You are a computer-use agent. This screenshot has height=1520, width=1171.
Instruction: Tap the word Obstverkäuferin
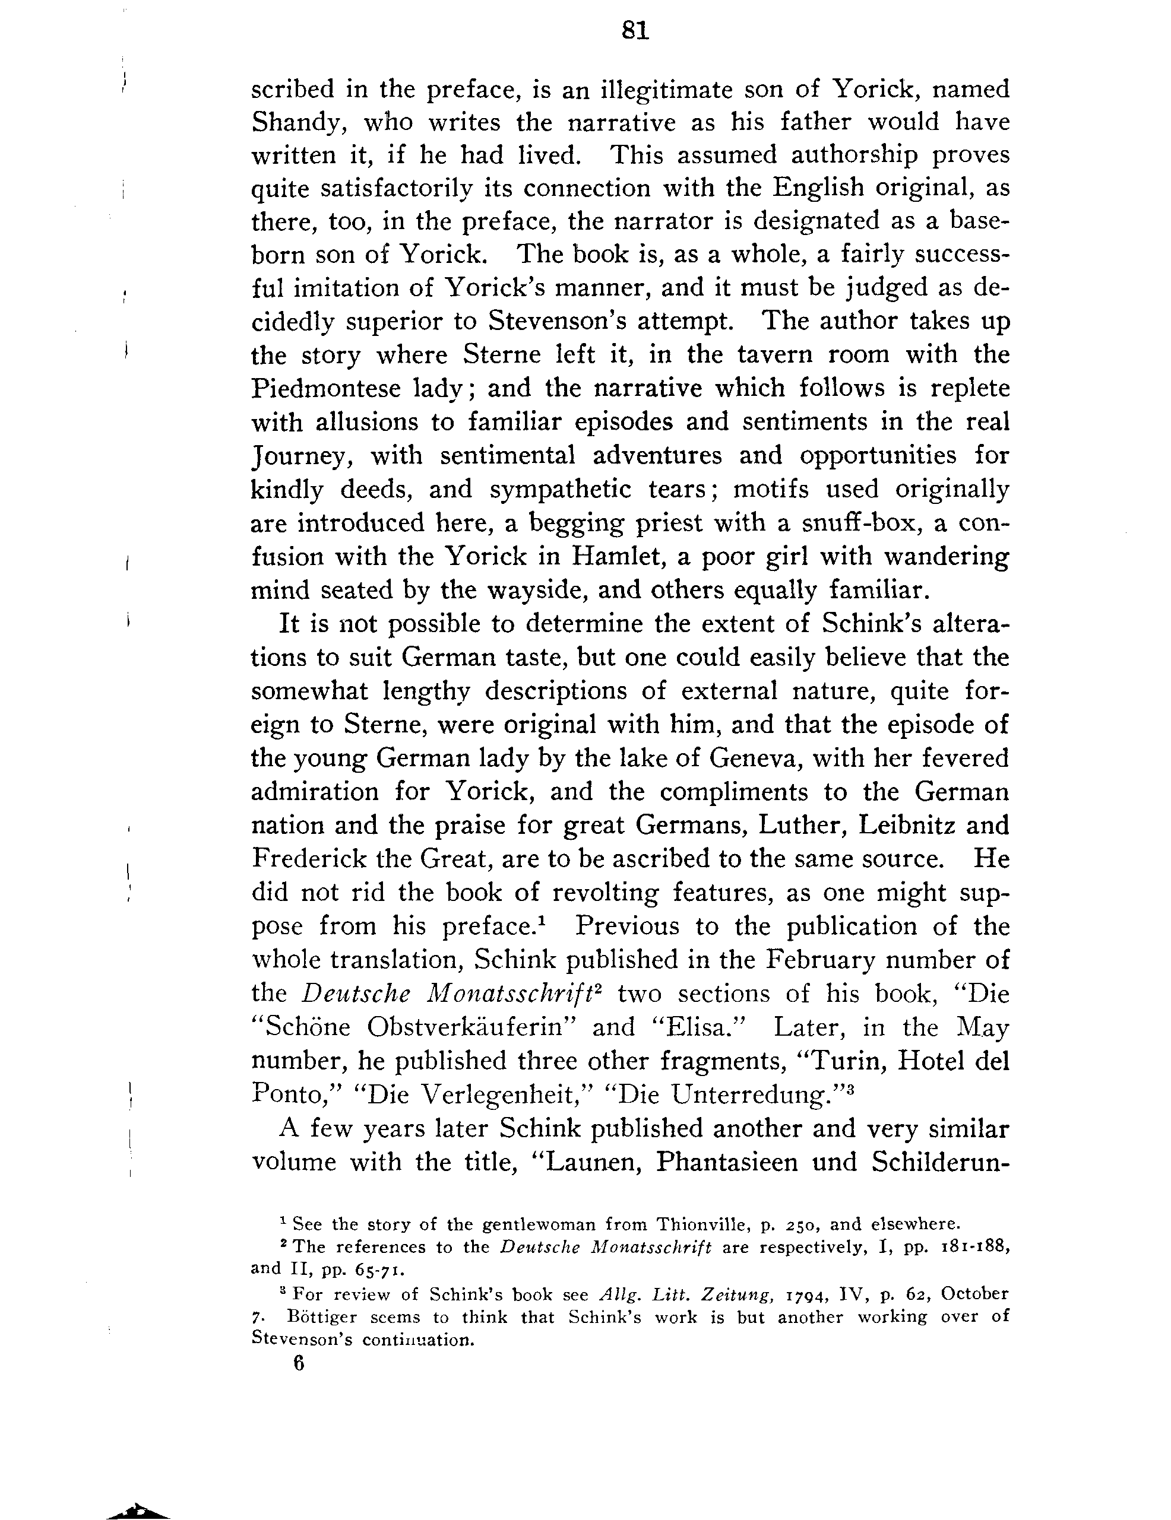[x=471, y=1027]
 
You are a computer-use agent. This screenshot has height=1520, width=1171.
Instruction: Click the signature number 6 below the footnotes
[x=299, y=1363]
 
